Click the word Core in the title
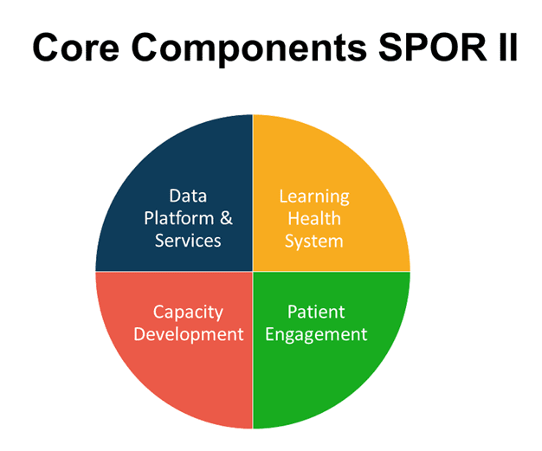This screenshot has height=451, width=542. pos(76,47)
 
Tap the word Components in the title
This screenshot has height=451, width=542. pos(249,49)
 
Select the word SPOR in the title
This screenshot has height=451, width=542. pos(433,47)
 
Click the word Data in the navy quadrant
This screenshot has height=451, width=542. pos(188,196)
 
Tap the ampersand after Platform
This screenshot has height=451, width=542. pos(226,218)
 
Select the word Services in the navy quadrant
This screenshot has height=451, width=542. pos(188,241)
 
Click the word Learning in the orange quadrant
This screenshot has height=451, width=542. pos(314,197)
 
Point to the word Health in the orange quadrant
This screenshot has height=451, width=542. pos(314,218)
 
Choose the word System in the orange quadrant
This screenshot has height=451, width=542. pos(314,242)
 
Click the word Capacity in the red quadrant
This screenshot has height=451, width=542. pos(188,312)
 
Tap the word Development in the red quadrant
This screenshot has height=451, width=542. pos(189,335)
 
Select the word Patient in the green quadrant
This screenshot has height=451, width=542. pos(316,312)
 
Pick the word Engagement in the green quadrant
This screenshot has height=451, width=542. pos(316,335)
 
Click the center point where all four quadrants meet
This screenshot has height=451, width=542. pos(253,271)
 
